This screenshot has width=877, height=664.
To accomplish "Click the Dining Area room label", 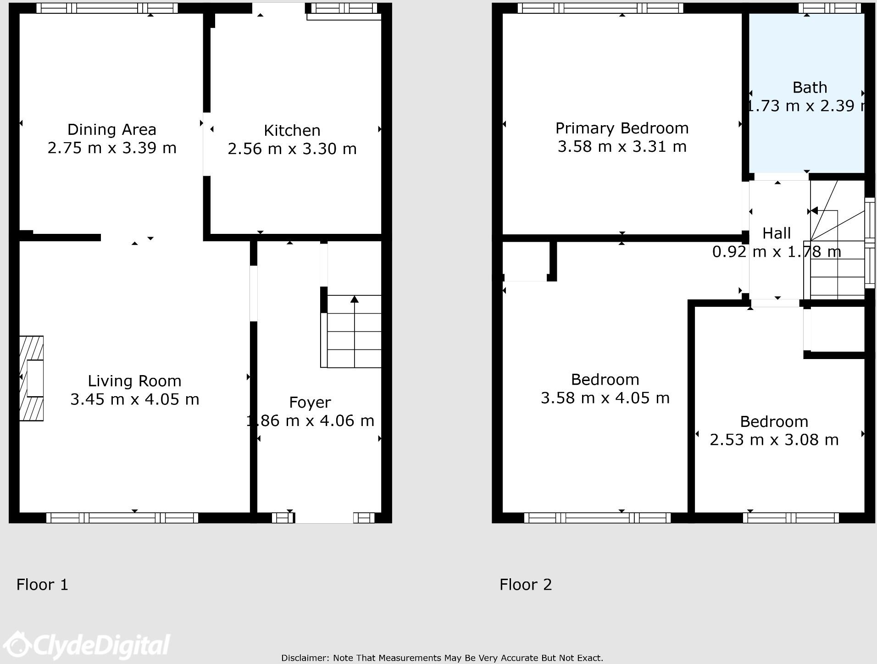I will click(111, 130).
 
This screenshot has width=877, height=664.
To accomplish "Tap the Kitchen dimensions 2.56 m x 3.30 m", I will click(292, 149).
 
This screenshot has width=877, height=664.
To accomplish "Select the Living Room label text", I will click(134, 381).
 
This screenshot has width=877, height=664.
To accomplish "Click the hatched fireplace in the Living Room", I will click(31, 378).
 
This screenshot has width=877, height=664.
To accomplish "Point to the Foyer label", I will click(310, 403).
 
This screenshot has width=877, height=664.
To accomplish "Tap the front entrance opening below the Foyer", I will click(323, 518).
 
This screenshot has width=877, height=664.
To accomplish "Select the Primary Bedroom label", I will click(622, 128).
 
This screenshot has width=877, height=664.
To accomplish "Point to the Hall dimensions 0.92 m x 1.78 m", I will click(776, 252).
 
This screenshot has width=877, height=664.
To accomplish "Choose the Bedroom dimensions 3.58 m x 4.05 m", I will click(605, 398).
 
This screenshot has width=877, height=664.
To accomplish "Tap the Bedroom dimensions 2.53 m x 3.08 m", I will click(774, 440).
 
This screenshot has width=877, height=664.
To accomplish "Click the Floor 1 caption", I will click(42, 585).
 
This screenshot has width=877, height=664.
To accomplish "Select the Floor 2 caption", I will click(525, 585).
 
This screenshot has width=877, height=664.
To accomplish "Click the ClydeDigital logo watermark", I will click(87, 646).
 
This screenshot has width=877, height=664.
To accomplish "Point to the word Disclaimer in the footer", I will click(305, 658).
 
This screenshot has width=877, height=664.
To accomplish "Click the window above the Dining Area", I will click(107, 8).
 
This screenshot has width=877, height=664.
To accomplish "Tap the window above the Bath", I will click(829, 8).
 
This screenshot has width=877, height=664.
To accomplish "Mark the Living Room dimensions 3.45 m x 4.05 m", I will click(134, 399).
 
